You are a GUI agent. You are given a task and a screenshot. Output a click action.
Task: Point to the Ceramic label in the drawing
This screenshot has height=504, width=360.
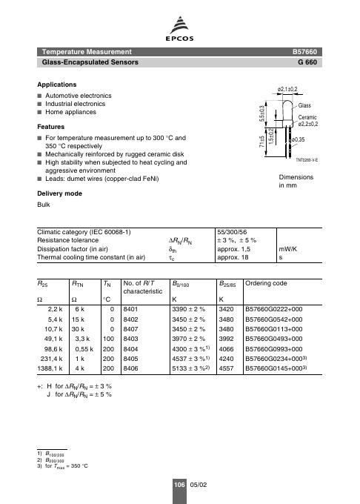pyautogui.click(x=308, y=117)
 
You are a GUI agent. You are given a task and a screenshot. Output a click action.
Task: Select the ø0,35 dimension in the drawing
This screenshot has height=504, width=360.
pyautogui.click(x=299, y=139)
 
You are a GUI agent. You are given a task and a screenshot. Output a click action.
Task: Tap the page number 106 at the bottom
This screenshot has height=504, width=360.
pyautogui.click(x=179, y=483)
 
